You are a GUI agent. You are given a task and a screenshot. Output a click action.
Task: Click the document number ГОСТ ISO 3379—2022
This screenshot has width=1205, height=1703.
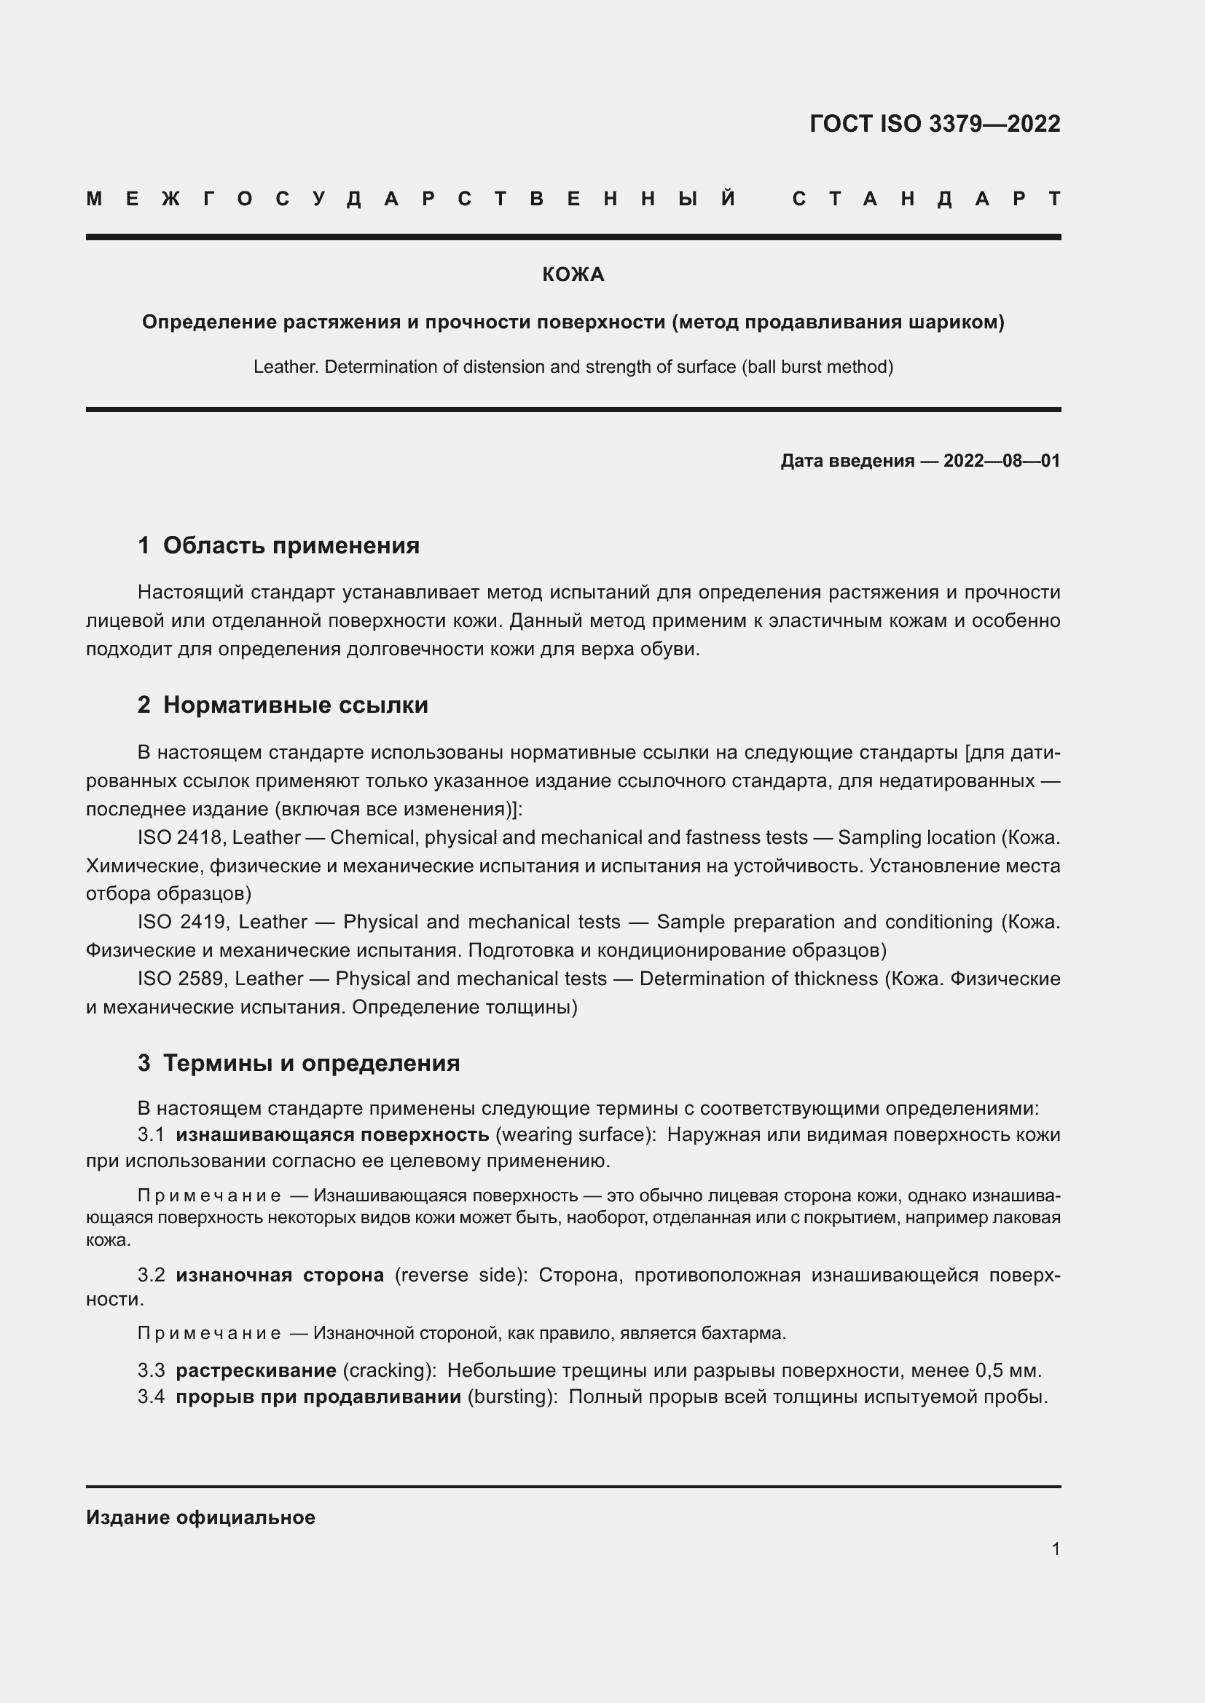[934, 124]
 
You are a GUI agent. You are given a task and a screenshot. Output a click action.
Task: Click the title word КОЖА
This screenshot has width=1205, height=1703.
[573, 275]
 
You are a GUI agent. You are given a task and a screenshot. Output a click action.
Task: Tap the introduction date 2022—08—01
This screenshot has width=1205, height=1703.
[1001, 462]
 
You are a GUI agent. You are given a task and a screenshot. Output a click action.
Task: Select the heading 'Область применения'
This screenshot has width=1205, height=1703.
[291, 546]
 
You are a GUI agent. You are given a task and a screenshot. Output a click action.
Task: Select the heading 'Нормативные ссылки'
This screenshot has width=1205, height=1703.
[295, 705]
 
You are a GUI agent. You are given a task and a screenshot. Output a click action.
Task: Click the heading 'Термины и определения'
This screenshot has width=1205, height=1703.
[311, 1063]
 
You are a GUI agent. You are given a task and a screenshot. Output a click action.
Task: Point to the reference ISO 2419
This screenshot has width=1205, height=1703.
[182, 922]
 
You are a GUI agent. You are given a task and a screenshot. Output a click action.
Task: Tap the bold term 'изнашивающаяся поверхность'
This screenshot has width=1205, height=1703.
[331, 1135]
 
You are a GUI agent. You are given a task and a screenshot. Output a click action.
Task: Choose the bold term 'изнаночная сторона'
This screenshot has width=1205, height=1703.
[280, 1275]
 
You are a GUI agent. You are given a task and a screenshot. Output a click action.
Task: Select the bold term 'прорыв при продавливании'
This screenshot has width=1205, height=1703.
[318, 1396]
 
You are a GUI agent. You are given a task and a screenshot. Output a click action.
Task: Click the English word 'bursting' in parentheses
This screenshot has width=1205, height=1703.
[511, 1397]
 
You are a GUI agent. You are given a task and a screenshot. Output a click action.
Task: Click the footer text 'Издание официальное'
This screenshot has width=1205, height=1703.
[200, 1517]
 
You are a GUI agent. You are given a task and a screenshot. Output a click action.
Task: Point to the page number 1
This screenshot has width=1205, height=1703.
[1055, 1549]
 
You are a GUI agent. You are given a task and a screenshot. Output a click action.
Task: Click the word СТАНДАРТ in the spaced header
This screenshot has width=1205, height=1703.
[926, 199]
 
